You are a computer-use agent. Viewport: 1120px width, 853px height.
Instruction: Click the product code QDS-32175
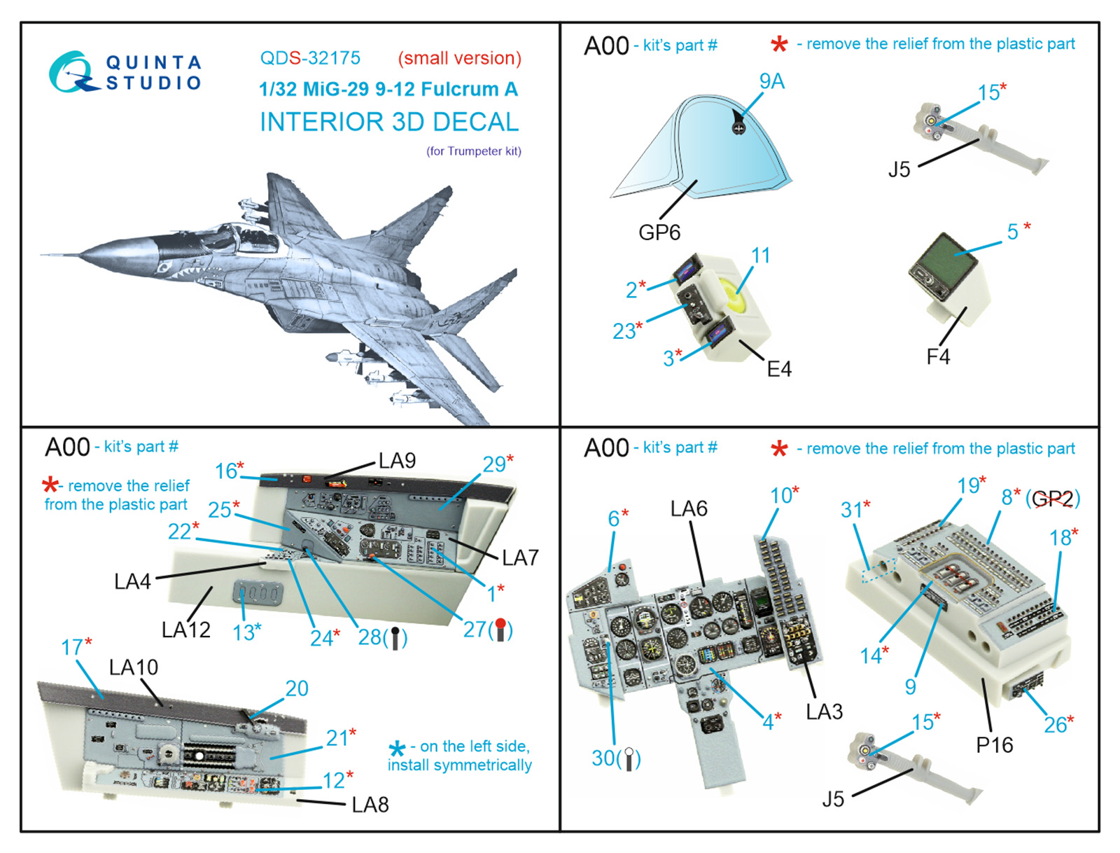coord(310,58)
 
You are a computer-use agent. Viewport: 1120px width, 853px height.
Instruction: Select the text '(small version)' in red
coord(459,58)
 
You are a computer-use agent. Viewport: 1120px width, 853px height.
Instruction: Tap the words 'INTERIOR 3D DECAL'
coord(389,122)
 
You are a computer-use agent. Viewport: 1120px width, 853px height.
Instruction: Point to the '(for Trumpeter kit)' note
coord(474,151)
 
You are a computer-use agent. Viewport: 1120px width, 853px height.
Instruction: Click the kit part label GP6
coord(659,233)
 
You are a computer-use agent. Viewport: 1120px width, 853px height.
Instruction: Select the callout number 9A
coord(772,82)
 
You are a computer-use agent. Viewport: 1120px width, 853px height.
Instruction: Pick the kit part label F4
coord(938,357)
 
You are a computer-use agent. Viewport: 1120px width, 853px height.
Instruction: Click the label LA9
coord(397,461)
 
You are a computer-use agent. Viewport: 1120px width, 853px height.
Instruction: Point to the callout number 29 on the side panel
coord(494,464)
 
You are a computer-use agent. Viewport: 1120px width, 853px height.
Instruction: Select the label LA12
coord(185,630)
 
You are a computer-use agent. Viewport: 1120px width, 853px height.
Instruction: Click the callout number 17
coord(72,647)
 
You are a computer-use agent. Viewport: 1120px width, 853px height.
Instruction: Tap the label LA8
coord(370,805)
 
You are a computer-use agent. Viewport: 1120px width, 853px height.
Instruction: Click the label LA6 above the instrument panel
coord(689,509)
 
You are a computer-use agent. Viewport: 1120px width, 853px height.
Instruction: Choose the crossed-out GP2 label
coord(1052,499)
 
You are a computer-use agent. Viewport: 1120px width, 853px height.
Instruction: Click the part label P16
coord(994,745)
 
